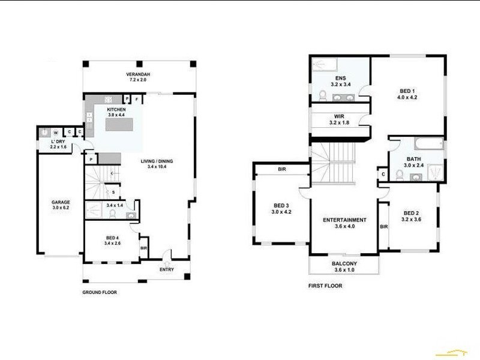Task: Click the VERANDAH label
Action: [x=138, y=74]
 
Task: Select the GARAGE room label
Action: [x=61, y=203]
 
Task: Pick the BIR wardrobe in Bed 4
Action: [x=143, y=247]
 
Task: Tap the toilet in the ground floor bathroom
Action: [x=112, y=212]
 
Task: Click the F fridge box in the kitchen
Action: [x=136, y=98]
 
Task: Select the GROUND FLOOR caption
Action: [x=100, y=293]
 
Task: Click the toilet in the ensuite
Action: [x=322, y=95]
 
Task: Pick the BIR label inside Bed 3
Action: [x=282, y=170]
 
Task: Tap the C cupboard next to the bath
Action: [x=383, y=174]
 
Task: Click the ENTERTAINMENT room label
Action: [x=345, y=220]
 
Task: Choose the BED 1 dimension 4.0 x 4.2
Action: [x=408, y=98]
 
